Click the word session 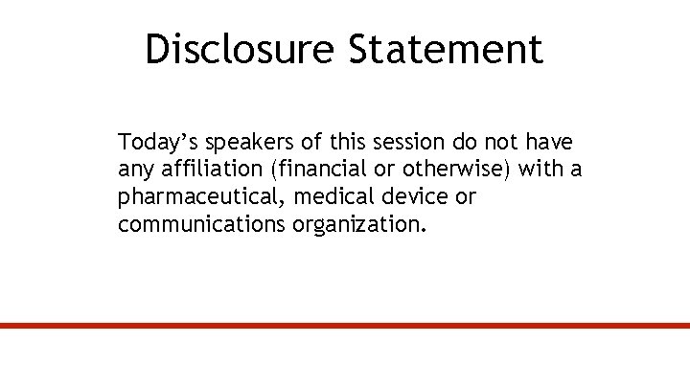point(409,143)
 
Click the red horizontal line point(345,326)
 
